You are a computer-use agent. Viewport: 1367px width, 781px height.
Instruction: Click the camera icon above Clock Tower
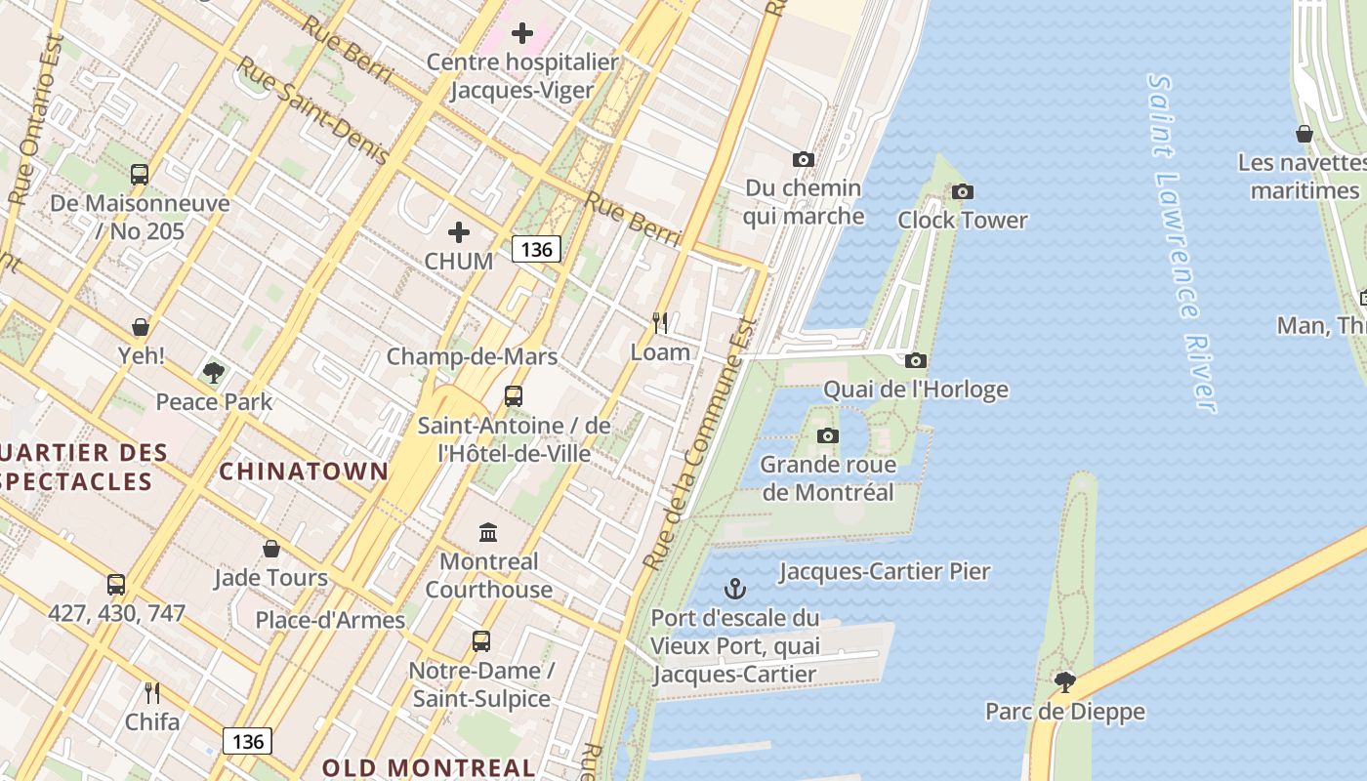[963, 191]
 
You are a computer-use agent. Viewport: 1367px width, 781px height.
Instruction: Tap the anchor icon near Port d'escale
[734, 589]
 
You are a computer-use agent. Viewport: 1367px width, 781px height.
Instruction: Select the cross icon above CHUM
[459, 232]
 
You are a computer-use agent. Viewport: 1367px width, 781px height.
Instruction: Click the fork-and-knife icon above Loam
[660, 322]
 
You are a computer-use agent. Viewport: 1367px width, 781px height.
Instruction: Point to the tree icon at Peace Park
[214, 372]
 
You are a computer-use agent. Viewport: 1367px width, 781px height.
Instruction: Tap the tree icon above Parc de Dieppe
[1064, 681]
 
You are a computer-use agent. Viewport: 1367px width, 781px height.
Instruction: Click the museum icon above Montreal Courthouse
[488, 532]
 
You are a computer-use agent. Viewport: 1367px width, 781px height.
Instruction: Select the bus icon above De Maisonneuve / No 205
[140, 175]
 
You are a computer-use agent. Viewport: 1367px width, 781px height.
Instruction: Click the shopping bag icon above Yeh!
[141, 326]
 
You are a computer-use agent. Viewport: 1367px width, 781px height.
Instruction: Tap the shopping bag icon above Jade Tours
[271, 549]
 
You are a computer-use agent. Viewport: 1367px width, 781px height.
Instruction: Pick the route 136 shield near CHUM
[536, 249]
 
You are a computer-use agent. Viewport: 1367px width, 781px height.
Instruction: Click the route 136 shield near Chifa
[248, 741]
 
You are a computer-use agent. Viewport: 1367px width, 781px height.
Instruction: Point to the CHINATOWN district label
[304, 472]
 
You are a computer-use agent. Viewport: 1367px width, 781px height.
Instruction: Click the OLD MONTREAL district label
[429, 767]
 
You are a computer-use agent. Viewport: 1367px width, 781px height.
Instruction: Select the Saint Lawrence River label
[1182, 244]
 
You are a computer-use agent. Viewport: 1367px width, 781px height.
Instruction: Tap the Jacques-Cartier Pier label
[885, 571]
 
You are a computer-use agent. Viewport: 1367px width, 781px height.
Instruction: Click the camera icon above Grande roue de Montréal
[827, 435]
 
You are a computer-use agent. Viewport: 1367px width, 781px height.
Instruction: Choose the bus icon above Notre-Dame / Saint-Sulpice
[480, 641]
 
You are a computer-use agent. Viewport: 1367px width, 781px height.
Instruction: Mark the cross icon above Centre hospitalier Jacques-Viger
[522, 33]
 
